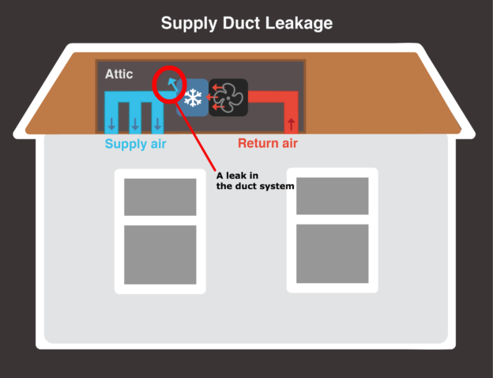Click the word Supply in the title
point(186,23)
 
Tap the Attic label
point(119,74)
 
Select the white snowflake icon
point(192,97)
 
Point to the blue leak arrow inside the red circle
point(171,84)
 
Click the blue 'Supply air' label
point(136,144)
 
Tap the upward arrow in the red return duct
point(292,123)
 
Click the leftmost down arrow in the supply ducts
point(111,123)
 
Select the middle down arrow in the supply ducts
point(135,123)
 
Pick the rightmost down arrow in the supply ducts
point(158,123)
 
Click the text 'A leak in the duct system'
point(254,181)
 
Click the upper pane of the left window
point(160,196)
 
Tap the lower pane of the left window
point(160,255)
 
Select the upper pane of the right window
point(332,195)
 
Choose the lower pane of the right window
point(332,253)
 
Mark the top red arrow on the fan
point(216,86)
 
